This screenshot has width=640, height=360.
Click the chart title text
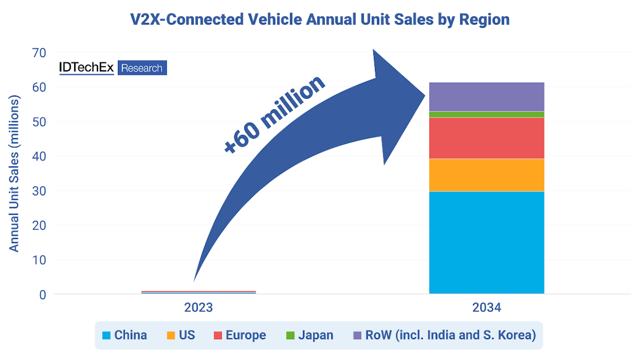click(320, 20)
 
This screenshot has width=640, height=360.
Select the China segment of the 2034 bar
click(486, 242)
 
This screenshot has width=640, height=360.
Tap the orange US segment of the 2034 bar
click(486, 175)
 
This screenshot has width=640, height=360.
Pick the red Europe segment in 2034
click(486, 138)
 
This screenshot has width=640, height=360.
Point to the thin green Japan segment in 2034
click(486, 115)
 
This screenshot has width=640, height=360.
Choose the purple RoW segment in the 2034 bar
click(486, 97)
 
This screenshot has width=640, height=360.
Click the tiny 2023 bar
click(198, 292)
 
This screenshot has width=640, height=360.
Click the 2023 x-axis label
click(198, 308)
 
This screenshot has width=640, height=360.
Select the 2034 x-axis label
click(486, 308)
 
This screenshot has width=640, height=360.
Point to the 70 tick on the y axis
click(39, 52)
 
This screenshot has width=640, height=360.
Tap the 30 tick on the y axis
click(39, 190)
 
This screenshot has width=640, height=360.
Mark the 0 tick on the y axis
click(43, 294)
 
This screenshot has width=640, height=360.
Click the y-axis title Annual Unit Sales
click(14, 173)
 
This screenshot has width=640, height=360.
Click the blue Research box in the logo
click(142, 68)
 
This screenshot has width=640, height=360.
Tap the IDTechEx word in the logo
click(86, 68)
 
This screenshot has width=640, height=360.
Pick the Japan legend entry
click(310, 335)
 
